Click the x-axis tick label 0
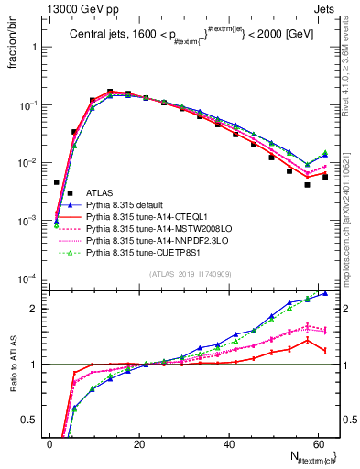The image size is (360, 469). point(50,444)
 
